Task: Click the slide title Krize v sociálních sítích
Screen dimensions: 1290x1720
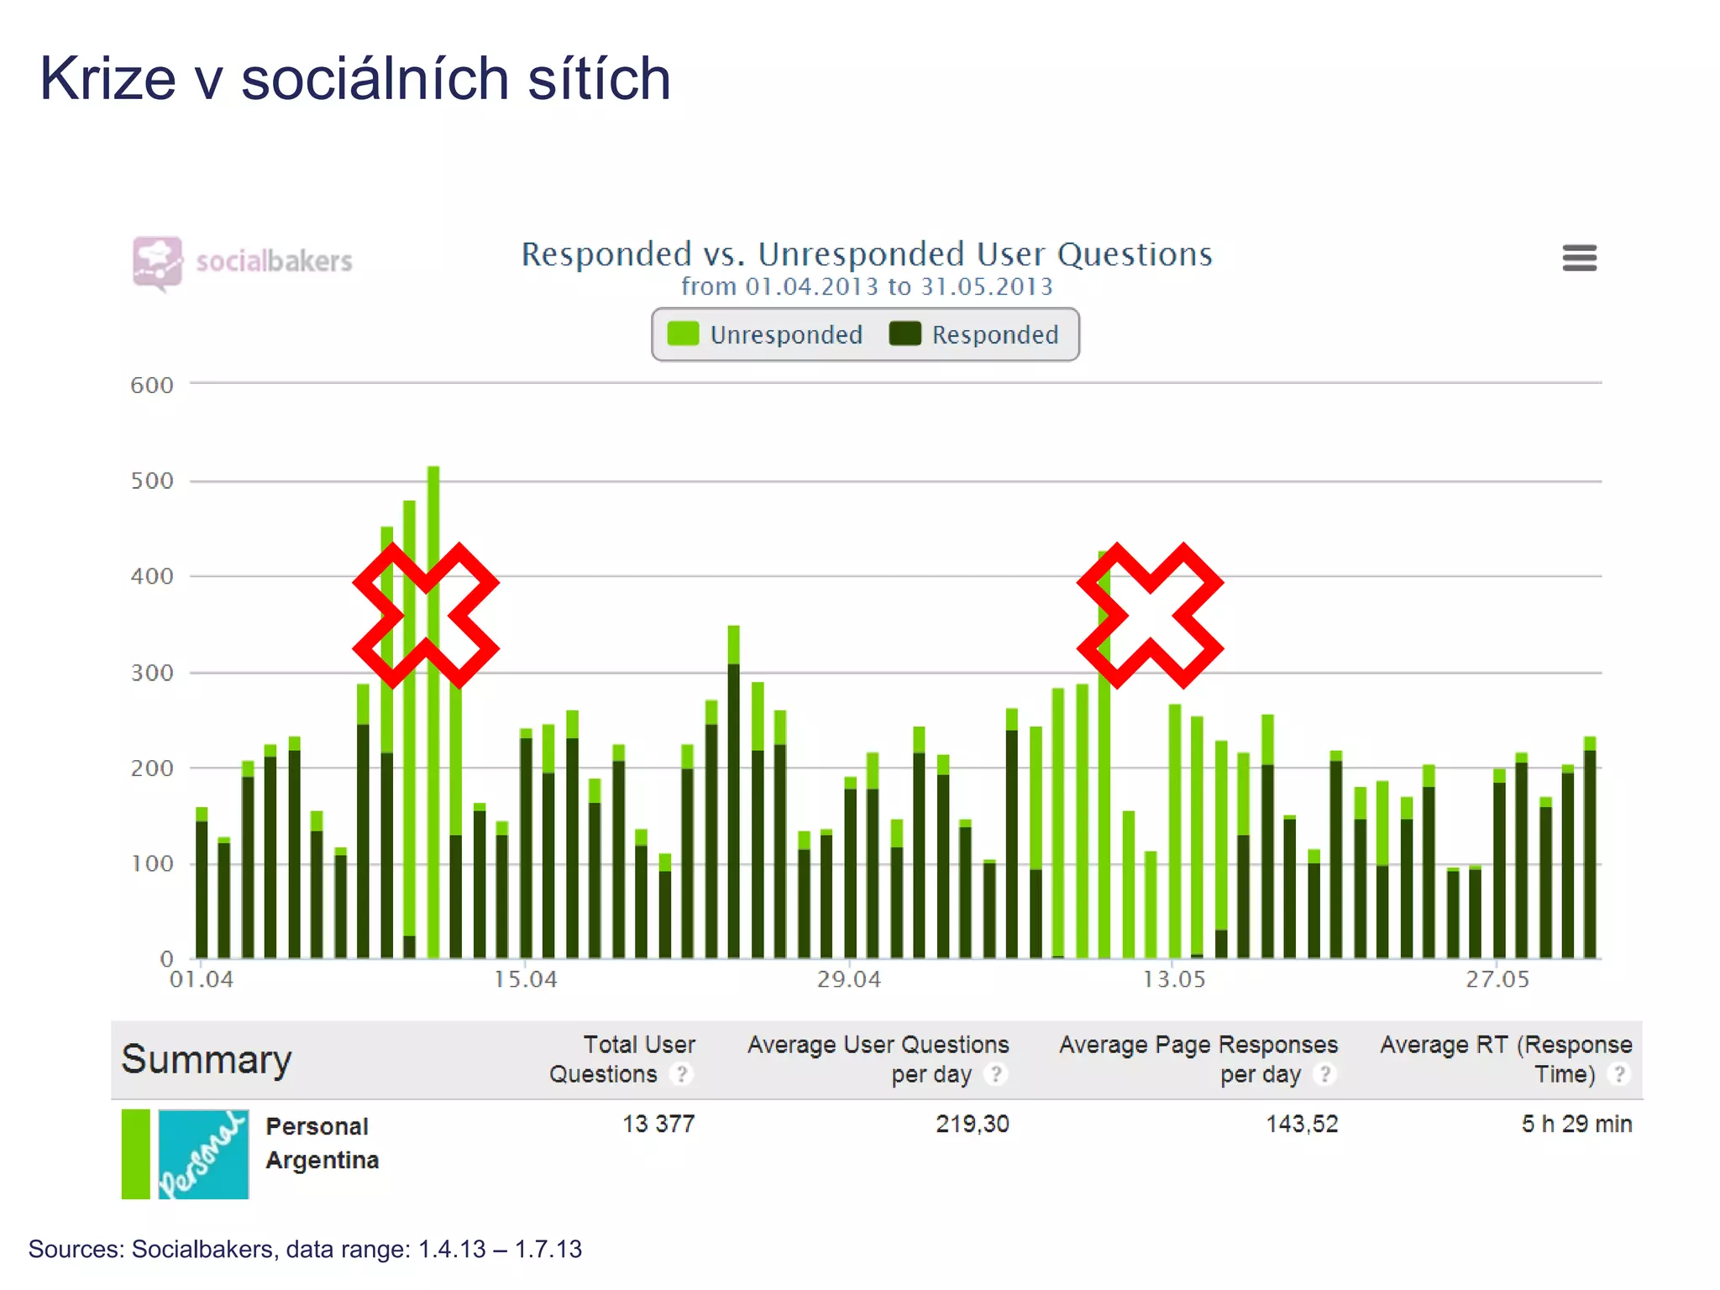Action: click(x=355, y=79)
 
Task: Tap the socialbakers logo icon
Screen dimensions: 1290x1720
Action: click(x=157, y=262)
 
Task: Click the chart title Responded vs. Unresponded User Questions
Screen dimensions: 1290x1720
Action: click(x=866, y=254)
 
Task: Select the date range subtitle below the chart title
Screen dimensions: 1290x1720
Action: click(x=866, y=287)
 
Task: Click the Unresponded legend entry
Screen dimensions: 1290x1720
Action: click(x=765, y=334)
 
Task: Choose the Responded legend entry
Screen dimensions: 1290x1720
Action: click(x=974, y=334)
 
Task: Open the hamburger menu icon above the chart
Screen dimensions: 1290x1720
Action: click(x=1579, y=258)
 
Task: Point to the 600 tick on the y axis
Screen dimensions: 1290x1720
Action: click(x=152, y=385)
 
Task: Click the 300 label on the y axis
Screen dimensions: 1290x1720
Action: click(x=152, y=673)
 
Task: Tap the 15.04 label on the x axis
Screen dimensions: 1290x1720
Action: click(x=525, y=979)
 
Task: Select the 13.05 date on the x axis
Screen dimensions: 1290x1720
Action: click(x=1173, y=979)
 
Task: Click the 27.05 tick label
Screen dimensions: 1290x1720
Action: click(x=1497, y=979)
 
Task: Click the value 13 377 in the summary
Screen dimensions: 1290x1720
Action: click(x=658, y=1124)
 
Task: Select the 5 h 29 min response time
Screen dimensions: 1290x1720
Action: click(x=1576, y=1124)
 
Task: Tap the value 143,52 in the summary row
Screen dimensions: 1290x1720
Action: click(x=1301, y=1124)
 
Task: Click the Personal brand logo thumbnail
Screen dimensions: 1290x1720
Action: click(x=203, y=1154)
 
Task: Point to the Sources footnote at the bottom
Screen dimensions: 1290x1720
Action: click(x=305, y=1249)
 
